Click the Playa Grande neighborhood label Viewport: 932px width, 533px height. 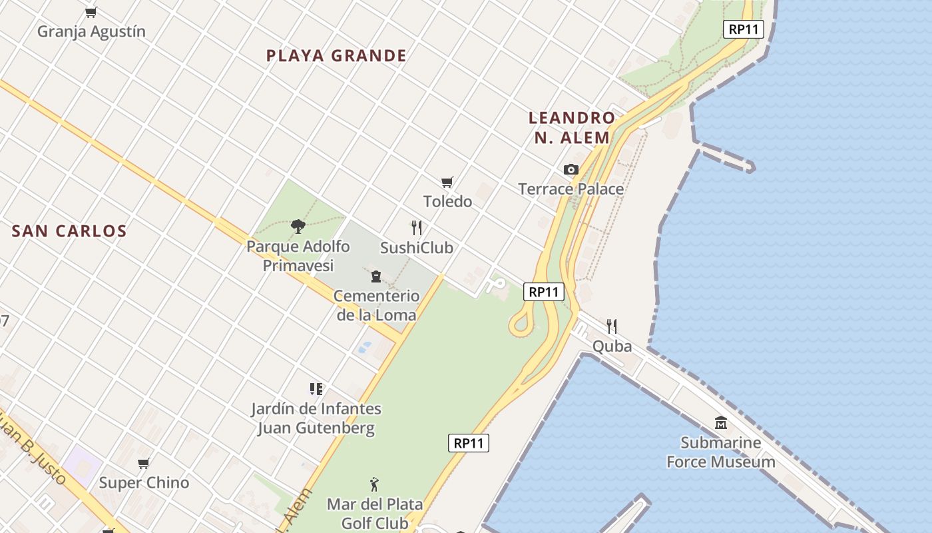point(336,55)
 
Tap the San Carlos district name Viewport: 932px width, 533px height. point(69,231)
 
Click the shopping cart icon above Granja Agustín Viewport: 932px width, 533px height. point(91,12)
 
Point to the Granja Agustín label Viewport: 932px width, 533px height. point(91,31)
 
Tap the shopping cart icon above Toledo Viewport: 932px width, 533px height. point(447,182)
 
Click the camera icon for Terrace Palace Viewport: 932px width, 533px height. point(571,169)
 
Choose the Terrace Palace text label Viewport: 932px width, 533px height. point(571,189)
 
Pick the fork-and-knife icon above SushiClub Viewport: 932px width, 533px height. point(417,228)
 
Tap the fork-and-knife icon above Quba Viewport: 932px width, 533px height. point(612,326)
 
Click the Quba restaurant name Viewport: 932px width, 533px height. point(612,346)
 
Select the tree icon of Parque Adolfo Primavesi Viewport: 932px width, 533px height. point(298,226)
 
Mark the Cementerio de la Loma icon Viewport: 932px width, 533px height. point(376,276)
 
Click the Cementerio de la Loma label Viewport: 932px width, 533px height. point(376,305)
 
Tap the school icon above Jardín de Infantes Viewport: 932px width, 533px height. point(316,388)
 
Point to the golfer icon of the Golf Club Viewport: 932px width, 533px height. point(374,484)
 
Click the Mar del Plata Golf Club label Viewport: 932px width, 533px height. point(368,513)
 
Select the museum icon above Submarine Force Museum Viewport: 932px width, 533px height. point(721,422)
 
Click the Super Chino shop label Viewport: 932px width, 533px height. point(144,482)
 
